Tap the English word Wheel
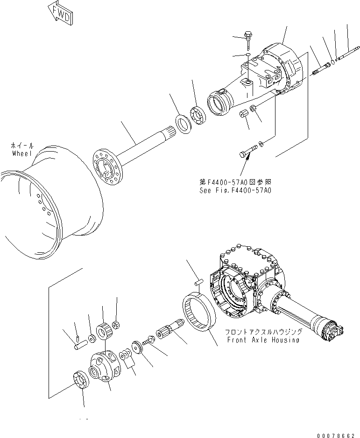[22, 153]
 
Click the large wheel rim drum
[51, 201]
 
